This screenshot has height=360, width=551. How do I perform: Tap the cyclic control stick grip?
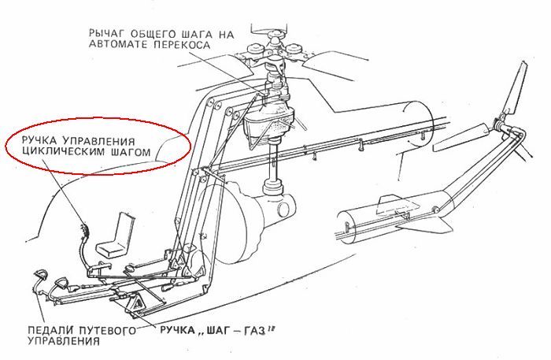84,230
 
